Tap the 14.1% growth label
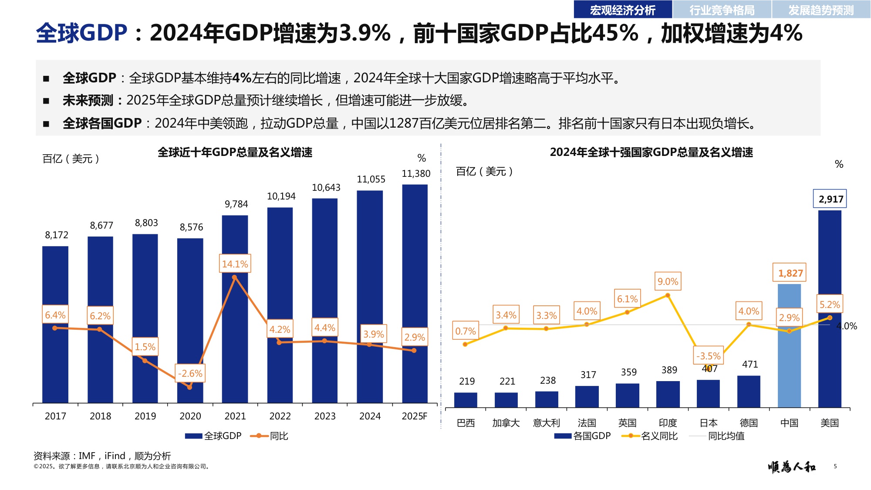click(235, 264)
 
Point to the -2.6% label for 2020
click(190, 374)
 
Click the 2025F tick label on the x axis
click(414, 416)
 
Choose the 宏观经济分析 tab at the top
click(622, 10)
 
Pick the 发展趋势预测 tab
click(821, 10)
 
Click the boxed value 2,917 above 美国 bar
click(830, 199)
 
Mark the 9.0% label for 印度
click(668, 282)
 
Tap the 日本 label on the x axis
click(708, 423)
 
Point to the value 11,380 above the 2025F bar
click(416, 174)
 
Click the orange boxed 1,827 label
click(790, 273)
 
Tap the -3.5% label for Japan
click(709, 356)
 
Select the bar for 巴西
click(466, 400)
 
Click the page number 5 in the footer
click(835, 466)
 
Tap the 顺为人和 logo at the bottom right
click(792, 467)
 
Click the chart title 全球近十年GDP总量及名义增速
click(235, 152)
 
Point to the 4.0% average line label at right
click(847, 326)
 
